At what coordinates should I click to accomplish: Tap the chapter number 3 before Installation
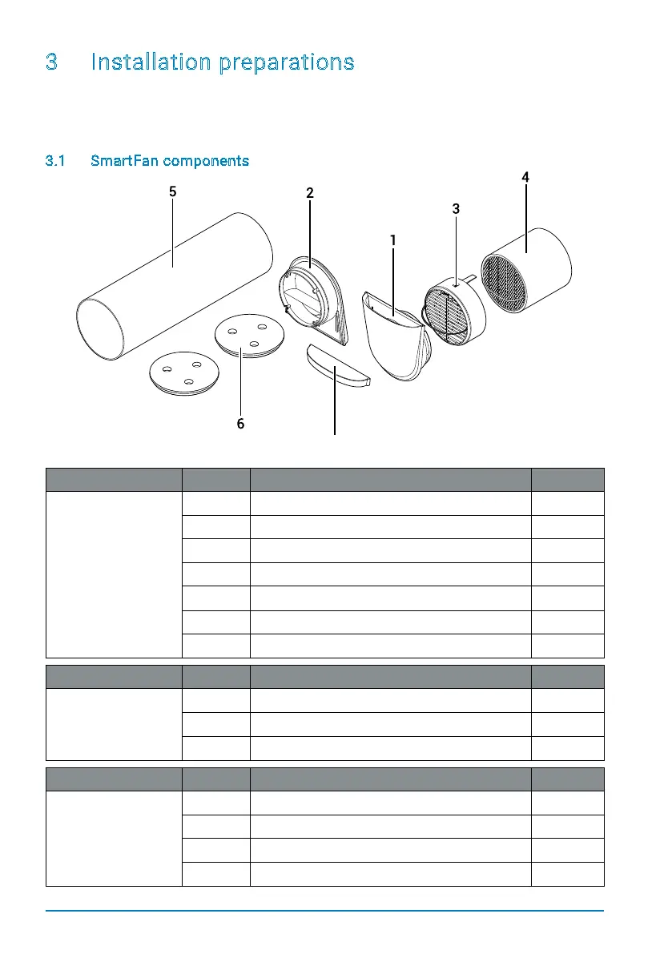[51, 62]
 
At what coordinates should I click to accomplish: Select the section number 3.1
[56, 161]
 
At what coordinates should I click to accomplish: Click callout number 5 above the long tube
[172, 192]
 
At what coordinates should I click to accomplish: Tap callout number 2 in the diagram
[309, 193]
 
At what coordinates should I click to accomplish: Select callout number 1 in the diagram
[393, 240]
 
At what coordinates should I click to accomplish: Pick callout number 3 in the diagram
[456, 208]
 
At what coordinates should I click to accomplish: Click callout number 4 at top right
[525, 177]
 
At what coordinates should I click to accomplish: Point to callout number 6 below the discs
[240, 425]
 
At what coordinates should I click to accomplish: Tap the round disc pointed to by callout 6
[248, 336]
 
